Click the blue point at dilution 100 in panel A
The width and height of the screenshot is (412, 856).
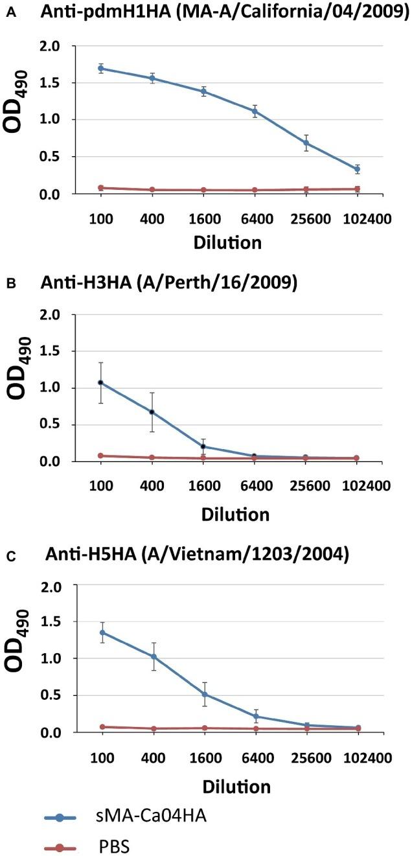100,68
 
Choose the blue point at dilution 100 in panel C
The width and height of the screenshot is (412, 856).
100,632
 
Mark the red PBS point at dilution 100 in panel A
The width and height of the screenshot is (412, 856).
100,188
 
